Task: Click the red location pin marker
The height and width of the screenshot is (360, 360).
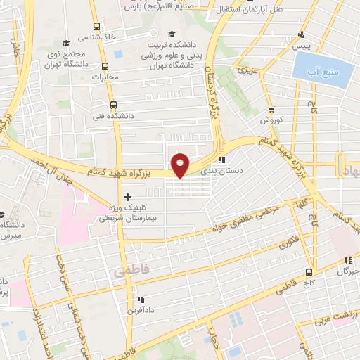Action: (181, 165)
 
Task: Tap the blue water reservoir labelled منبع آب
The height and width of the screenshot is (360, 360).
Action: (321, 70)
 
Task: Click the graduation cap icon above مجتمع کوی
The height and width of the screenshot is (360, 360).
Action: (66, 44)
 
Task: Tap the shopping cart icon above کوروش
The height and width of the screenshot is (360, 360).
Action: (271, 110)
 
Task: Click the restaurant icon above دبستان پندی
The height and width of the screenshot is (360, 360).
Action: (222, 159)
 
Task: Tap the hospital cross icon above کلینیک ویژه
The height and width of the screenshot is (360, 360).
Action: (127, 197)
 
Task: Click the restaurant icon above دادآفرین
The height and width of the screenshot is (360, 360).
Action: (140, 298)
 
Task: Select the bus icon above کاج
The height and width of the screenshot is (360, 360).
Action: (308, 271)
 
